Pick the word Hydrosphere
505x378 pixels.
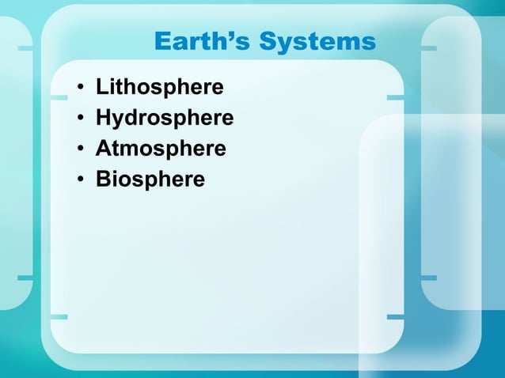(x=165, y=118)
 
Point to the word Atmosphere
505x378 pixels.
(x=161, y=149)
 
